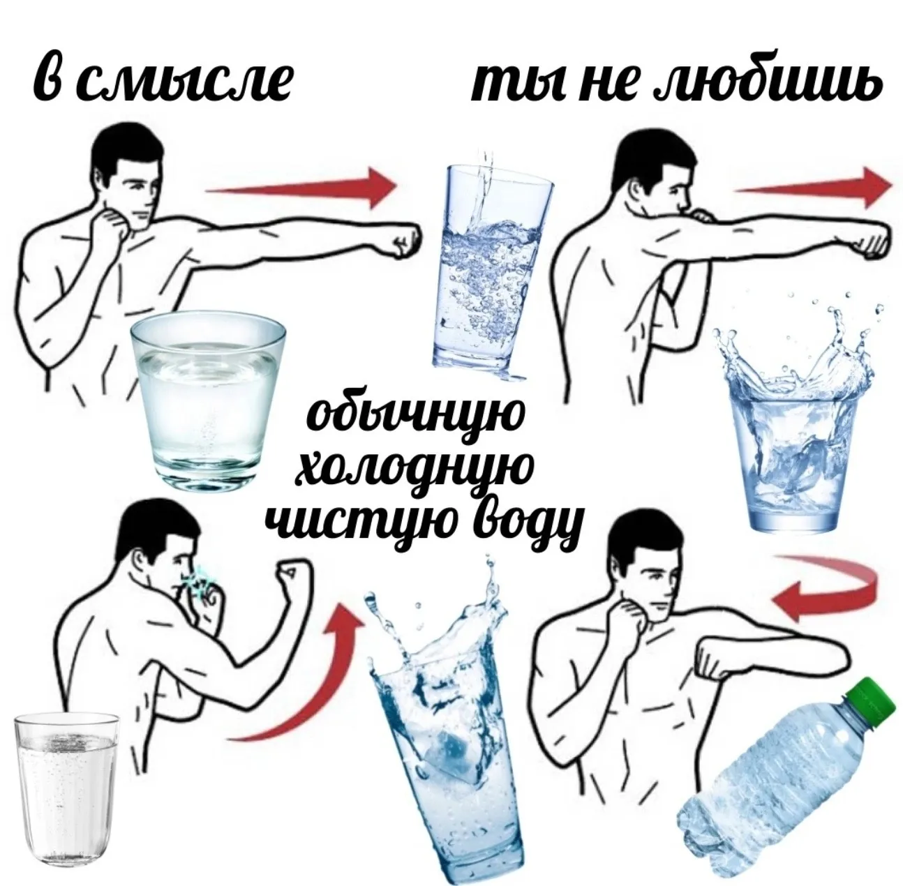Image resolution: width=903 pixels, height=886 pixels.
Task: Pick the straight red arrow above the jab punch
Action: tap(300, 189)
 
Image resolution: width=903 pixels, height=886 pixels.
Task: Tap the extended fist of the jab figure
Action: tap(403, 241)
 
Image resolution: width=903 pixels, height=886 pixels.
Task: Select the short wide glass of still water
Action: tap(207, 404)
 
